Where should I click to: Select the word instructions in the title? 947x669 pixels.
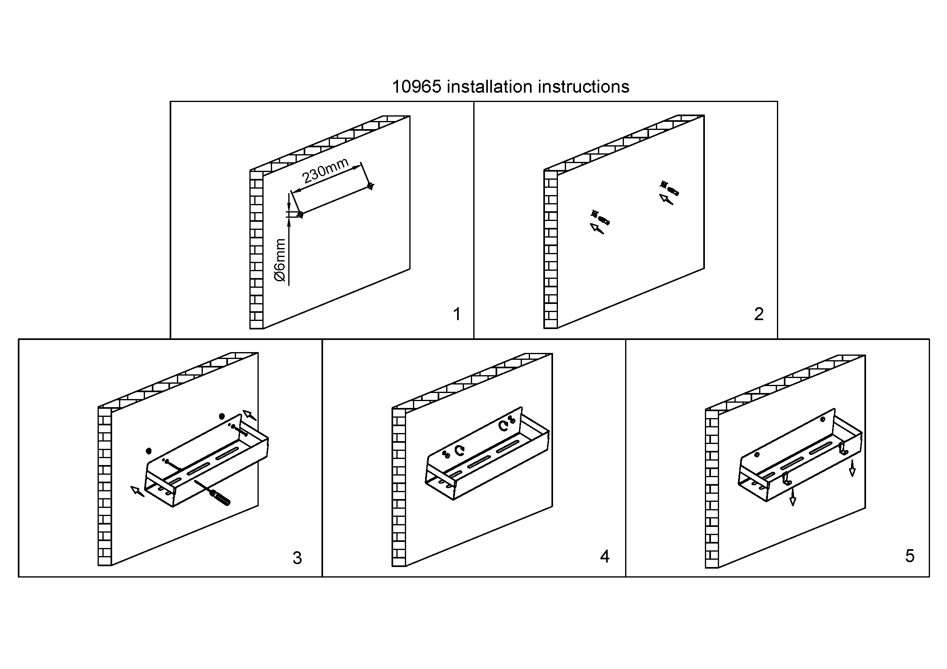pyautogui.click(x=584, y=87)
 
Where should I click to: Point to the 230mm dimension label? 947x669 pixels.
pyautogui.click(x=326, y=171)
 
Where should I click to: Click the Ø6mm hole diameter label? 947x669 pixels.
pyautogui.click(x=280, y=260)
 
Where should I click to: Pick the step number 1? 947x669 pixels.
pyautogui.click(x=457, y=314)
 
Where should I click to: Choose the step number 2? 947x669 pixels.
pyautogui.click(x=758, y=314)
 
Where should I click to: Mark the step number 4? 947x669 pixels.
pyautogui.click(x=604, y=557)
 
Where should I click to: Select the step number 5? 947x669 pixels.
pyautogui.click(x=909, y=556)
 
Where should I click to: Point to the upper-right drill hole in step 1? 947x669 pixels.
pyautogui.click(x=370, y=186)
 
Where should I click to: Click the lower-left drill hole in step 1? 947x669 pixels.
pyautogui.click(x=300, y=215)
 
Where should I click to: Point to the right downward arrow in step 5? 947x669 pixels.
pyautogui.click(x=852, y=469)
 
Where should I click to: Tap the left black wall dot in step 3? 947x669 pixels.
pyautogui.click(x=149, y=451)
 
